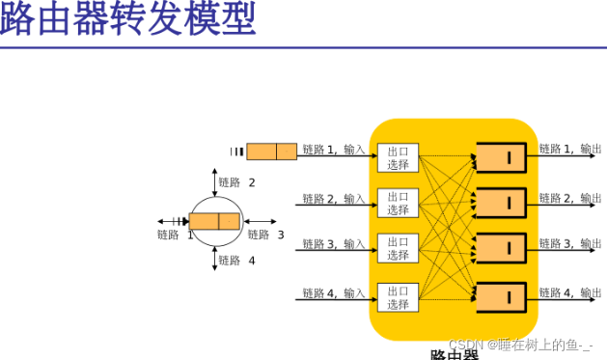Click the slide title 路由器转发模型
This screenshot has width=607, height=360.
127,19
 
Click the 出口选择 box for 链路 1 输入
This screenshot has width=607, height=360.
398,158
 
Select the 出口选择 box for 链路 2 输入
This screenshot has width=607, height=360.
398,204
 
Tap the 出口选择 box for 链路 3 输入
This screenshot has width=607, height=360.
398,249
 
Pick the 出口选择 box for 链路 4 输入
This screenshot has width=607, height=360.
398,297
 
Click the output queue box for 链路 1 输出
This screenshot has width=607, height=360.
501,157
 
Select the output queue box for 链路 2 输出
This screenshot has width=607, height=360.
501,203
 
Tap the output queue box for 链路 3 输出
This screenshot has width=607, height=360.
501,249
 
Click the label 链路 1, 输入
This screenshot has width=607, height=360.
334,150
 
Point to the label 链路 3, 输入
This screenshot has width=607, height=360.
334,244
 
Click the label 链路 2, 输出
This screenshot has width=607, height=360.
569,198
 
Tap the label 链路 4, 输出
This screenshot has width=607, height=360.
569,291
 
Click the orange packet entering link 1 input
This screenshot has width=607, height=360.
271,152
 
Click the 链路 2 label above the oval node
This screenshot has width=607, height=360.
236,182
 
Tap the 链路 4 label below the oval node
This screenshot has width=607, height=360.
236,261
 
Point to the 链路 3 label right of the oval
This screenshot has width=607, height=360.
265,235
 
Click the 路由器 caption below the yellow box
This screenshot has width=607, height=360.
454,354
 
